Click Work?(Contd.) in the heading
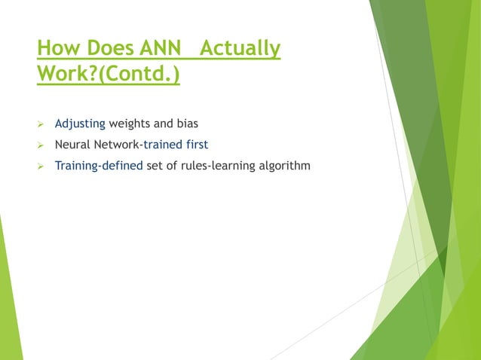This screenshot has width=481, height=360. pyautogui.click(x=108, y=77)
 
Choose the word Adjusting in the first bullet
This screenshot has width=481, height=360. pyautogui.click(x=79, y=123)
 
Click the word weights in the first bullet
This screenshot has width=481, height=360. pyautogui.click(x=129, y=123)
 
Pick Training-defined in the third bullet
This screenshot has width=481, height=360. pyautogui.click(x=99, y=165)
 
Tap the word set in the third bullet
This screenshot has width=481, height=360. pyautogui.click(x=155, y=165)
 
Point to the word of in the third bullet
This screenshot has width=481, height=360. pyautogui.click(x=173, y=165)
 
